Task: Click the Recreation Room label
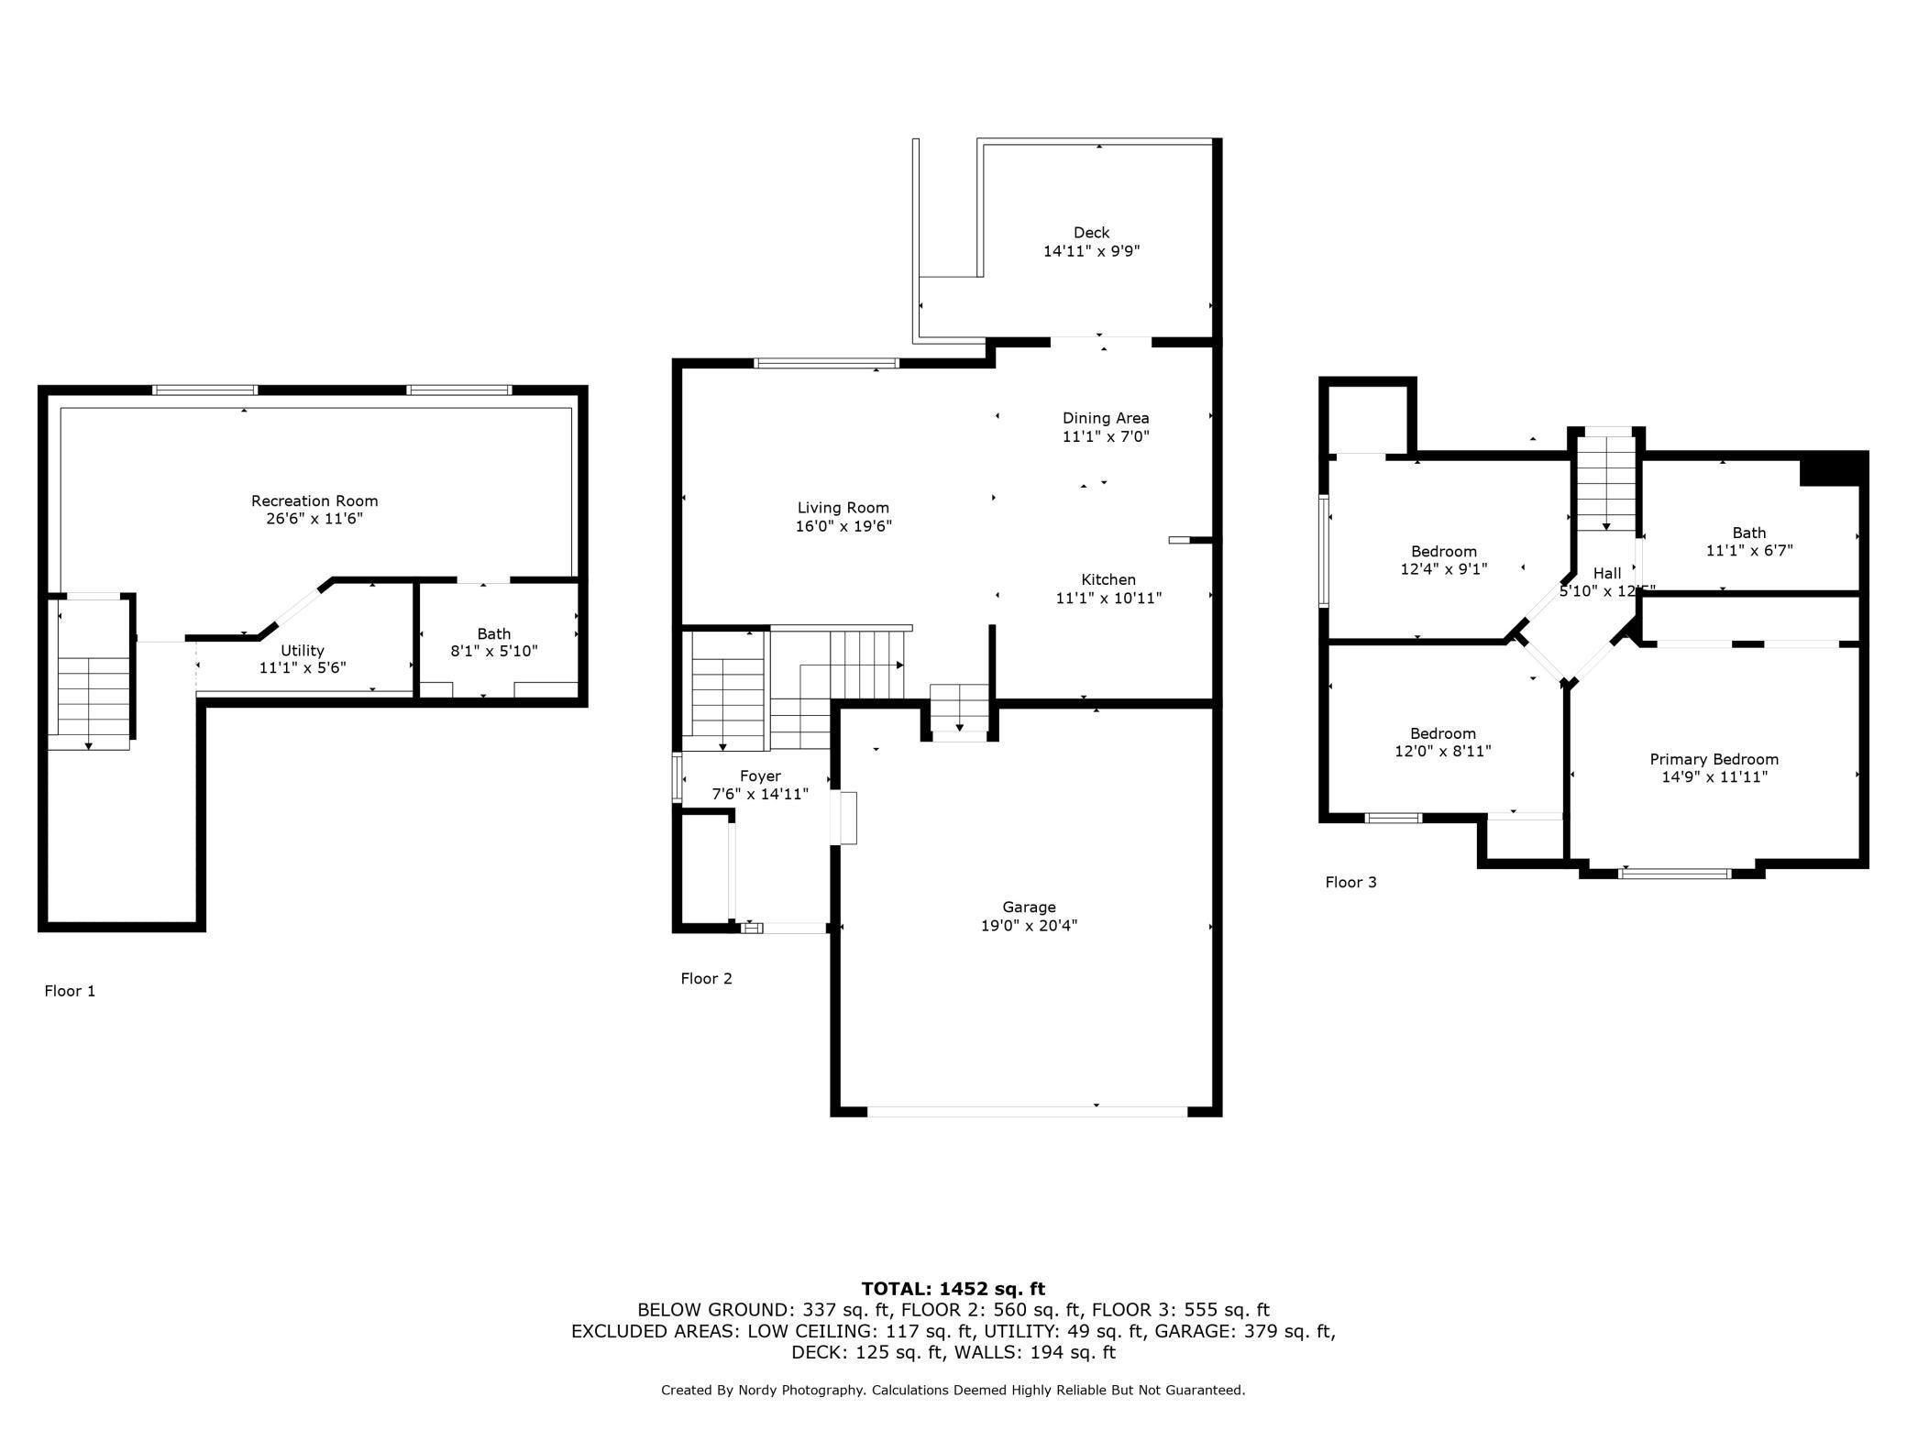coord(314,501)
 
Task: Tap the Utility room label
coord(303,651)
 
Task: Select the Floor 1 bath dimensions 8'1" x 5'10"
coord(494,652)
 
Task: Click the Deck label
coord(1092,233)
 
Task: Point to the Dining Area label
coord(1106,419)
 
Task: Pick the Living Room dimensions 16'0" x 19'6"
coord(843,526)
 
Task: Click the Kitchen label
coord(1108,580)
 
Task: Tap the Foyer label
coord(760,776)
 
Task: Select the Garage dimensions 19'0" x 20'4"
coord(1029,926)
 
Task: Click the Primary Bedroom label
coord(1714,760)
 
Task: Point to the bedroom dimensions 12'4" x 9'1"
coord(1444,569)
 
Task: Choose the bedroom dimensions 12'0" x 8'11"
coord(1443,752)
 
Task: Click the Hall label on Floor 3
coord(1606,574)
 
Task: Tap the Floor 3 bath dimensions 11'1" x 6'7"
coord(1749,551)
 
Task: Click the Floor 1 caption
coord(70,991)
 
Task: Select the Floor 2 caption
coord(706,979)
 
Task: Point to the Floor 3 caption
coord(1350,883)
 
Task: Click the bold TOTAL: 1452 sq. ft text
coord(953,1290)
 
